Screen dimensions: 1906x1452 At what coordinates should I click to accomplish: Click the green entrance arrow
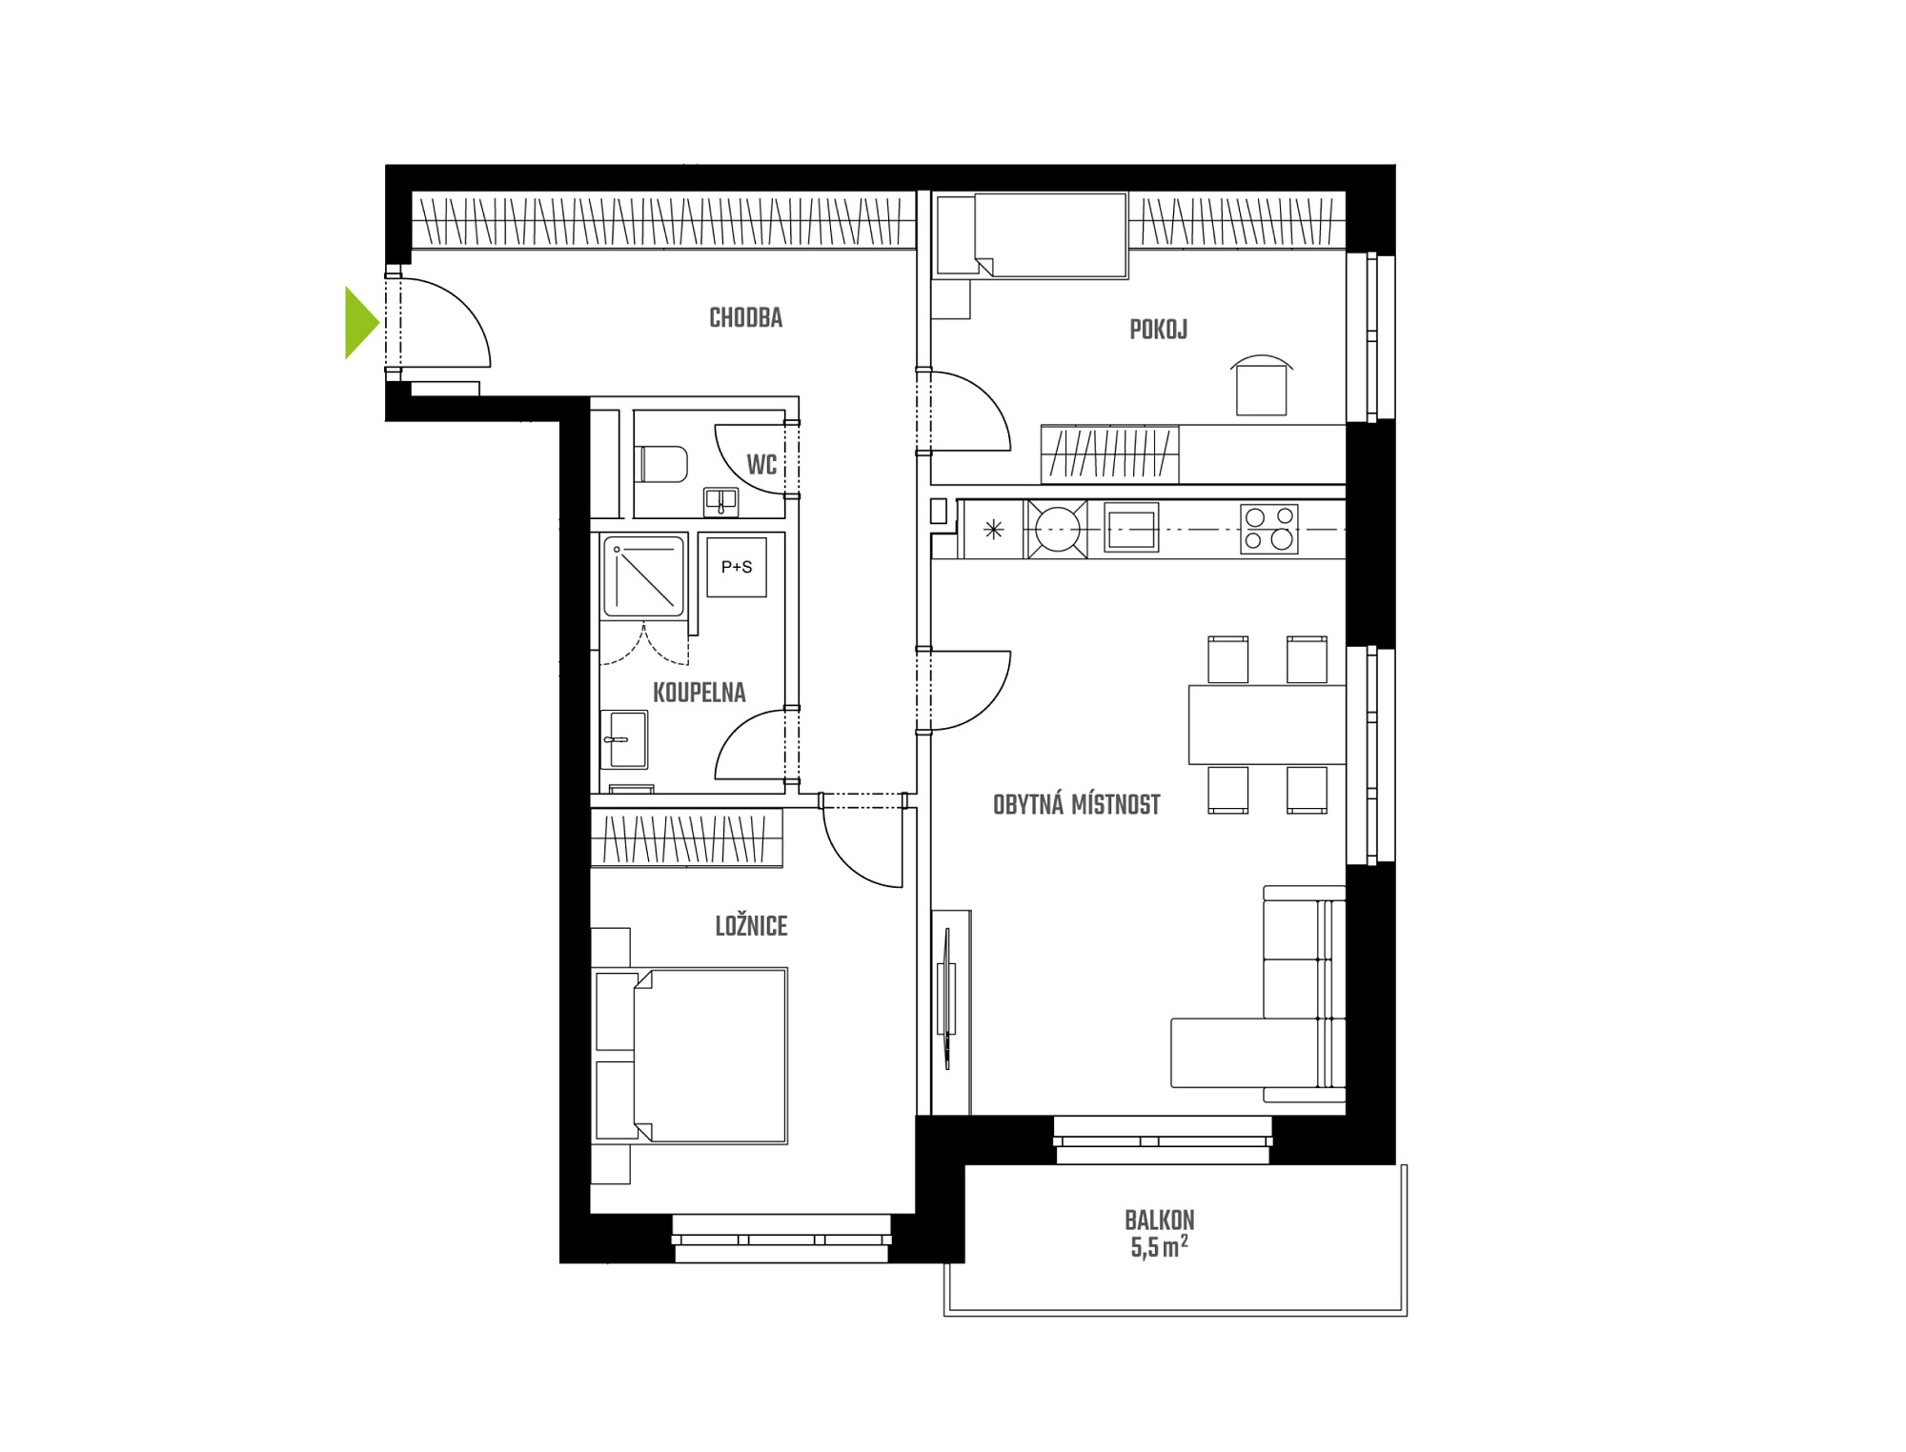coord(360,323)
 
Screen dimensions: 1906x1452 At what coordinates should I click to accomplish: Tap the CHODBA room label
coord(745,318)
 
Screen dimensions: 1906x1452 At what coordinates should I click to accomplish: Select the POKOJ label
coord(1158,330)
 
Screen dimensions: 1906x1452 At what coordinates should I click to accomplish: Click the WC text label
coord(761,465)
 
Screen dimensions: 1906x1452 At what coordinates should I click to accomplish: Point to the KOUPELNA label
coord(699,693)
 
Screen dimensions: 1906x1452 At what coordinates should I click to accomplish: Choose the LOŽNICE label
coord(751,926)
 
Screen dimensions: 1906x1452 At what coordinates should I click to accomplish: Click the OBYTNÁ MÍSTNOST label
coord(1076,805)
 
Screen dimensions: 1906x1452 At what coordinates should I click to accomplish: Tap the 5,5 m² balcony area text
coord(1159,1246)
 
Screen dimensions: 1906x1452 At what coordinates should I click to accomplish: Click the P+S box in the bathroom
coord(737,567)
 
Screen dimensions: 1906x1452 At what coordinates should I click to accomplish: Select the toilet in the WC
coord(664,464)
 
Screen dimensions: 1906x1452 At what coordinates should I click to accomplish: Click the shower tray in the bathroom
coord(644,576)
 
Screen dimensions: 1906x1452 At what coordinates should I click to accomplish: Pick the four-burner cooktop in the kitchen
coord(1268,529)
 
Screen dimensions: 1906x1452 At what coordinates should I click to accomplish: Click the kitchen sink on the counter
coord(1131,528)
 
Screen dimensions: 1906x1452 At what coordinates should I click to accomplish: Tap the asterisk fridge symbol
coord(993,529)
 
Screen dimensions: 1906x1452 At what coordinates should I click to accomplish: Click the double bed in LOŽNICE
coord(690,1056)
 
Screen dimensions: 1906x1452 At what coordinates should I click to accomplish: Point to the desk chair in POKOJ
coord(1261,386)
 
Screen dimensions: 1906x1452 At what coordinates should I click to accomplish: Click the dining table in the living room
coord(1267,725)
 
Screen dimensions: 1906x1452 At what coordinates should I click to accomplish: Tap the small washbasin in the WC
coord(720,500)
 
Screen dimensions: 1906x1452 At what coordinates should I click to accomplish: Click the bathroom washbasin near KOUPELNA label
coord(625,739)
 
